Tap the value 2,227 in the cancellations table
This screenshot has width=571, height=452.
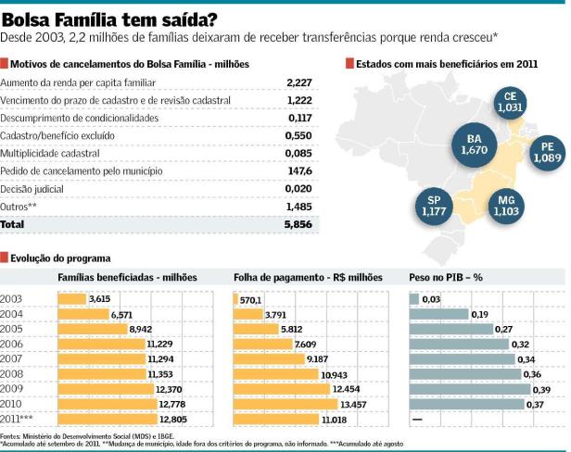pos(299,83)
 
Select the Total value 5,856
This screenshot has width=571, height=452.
pos(299,224)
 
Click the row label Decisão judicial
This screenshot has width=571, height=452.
pos(35,189)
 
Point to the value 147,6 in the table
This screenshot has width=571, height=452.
pos(300,171)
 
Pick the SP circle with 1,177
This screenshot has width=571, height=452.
pos(434,206)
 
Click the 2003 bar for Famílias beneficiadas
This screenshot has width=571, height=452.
pos(71,299)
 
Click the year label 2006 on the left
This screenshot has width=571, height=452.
pos(12,344)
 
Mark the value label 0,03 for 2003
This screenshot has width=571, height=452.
pos(431,299)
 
